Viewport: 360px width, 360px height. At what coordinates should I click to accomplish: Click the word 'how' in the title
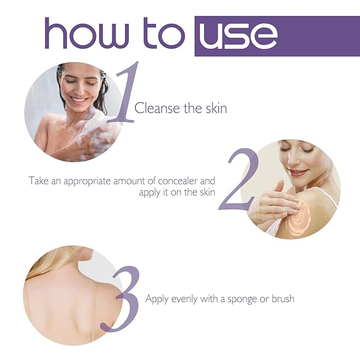coord(90,34)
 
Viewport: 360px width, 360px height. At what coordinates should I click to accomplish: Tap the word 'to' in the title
coord(166,34)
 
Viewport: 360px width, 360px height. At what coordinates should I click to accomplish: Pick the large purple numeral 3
coord(127,300)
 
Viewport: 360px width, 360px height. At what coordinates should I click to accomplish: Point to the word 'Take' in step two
coord(38,181)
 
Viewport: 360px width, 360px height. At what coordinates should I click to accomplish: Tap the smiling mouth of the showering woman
coord(78,99)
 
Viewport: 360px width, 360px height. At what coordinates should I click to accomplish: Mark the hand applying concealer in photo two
coord(273,204)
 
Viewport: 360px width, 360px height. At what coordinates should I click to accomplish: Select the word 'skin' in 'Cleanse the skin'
coord(216,109)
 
